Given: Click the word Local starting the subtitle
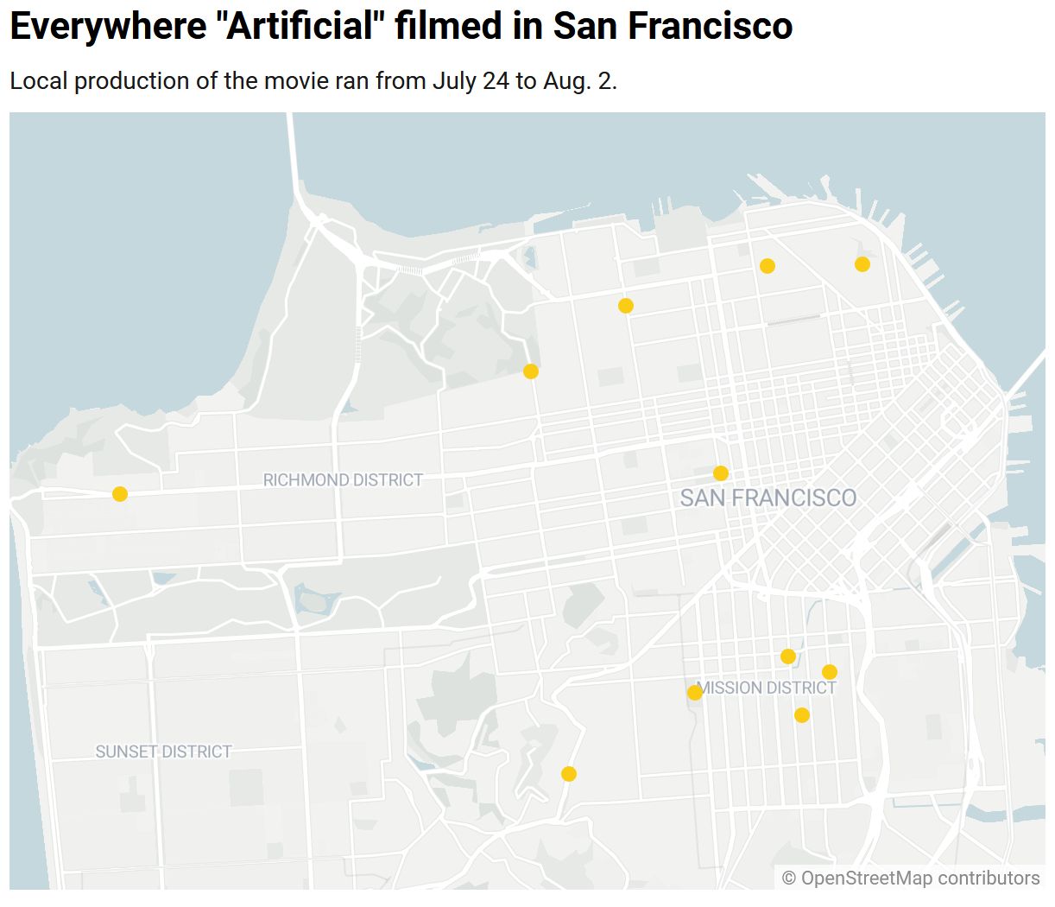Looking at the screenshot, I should pyautogui.click(x=39, y=81).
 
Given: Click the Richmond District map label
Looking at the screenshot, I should pyautogui.click(x=343, y=480).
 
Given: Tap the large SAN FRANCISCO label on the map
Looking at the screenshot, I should pyautogui.click(x=768, y=498).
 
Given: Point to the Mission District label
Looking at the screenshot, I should pyautogui.click(x=767, y=688).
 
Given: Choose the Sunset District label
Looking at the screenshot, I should pyautogui.click(x=163, y=752).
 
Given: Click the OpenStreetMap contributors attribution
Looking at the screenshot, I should pyautogui.click(x=911, y=878).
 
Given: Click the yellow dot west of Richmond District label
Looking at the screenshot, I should pyautogui.click(x=120, y=494).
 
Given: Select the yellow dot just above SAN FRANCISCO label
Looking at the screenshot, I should pyautogui.click(x=721, y=473).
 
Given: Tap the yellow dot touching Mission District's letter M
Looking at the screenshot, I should pyautogui.click(x=695, y=693).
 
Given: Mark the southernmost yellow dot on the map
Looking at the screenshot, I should pyautogui.click(x=569, y=774).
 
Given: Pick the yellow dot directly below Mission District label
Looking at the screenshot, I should pyautogui.click(x=802, y=715).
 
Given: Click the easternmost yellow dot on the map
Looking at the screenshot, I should pyautogui.click(x=862, y=264).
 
